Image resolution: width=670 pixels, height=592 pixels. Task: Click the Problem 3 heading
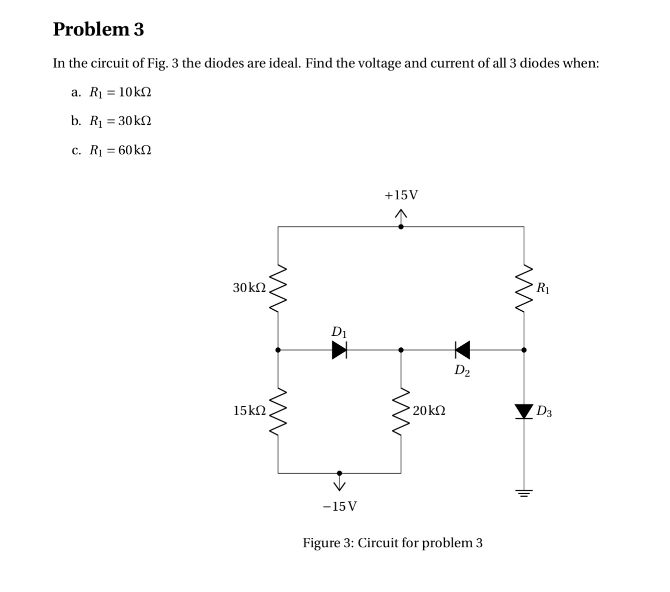coord(98,29)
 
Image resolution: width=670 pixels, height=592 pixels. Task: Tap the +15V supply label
coord(401,196)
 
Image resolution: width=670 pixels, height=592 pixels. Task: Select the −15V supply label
coord(340,506)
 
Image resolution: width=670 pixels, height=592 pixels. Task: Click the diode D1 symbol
coord(340,351)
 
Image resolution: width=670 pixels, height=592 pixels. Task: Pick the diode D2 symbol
coord(462,350)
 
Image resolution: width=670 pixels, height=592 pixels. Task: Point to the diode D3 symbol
coord(524,411)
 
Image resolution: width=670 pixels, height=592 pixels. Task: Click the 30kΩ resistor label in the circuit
coord(249,287)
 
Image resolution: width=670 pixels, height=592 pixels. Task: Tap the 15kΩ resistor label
coord(249,411)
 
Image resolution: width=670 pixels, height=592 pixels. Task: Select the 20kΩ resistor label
coord(429,411)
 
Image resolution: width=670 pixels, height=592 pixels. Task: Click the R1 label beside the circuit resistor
coord(543,287)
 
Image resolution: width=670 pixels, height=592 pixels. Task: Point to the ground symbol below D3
coord(524,492)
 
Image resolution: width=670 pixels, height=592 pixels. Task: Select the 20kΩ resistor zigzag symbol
coord(401,411)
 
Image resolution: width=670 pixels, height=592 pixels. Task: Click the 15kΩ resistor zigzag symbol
coord(278,411)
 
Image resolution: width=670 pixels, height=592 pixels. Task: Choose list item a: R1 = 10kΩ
coord(111,92)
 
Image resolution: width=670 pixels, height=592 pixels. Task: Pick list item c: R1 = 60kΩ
coord(111,151)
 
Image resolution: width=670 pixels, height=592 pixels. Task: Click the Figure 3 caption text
coord(392,543)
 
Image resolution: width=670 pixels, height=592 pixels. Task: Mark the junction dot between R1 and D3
coord(524,351)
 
